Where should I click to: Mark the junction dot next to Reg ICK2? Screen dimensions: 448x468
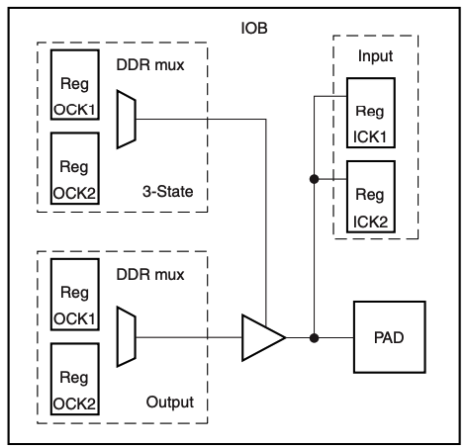point(315,179)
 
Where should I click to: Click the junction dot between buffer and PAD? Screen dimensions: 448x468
point(315,337)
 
